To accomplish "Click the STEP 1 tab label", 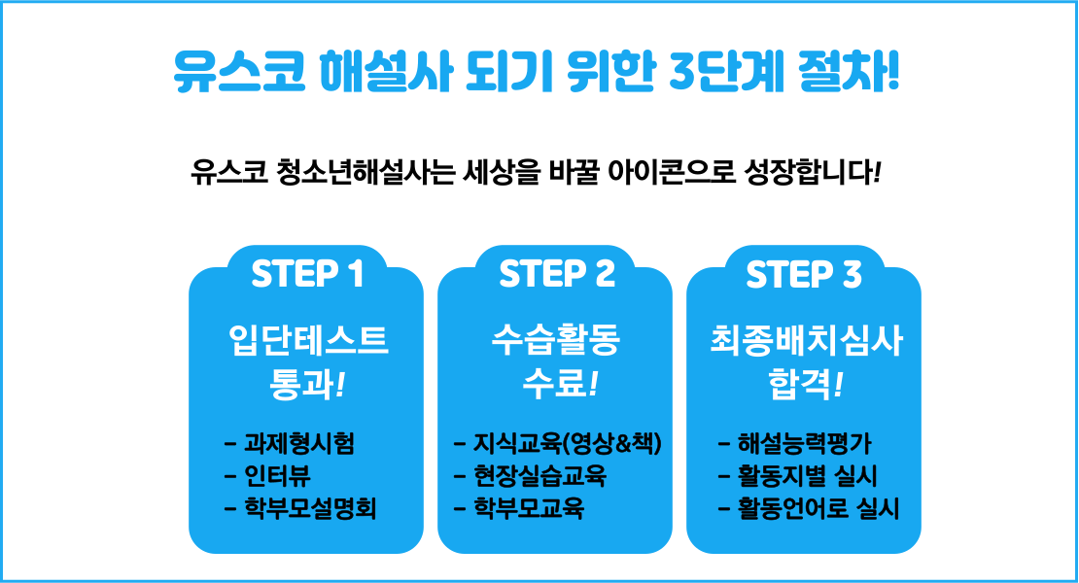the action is (x=307, y=274).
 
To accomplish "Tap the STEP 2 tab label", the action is (x=557, y=274).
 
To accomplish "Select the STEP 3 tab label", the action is (x=804, y=274).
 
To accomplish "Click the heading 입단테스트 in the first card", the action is (x=308, y=340).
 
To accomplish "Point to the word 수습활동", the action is (x=556, y=340).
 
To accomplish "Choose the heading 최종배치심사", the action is (x=806, y=340).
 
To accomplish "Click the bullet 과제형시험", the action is (x=299, y=443).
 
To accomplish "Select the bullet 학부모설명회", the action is (x=310, y=509).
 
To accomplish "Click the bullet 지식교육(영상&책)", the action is (x=567, y=443).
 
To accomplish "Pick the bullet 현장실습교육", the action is (x=539, y=476).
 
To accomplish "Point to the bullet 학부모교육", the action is (x=529, y=509).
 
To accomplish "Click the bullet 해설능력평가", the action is (x=805, y=443).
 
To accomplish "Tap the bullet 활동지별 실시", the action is (x=807, y=476).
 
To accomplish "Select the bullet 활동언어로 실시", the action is (x=818, y=509).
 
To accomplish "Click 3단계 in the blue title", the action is (x=727, y=72).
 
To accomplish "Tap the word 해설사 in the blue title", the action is (x=386, y=72).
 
